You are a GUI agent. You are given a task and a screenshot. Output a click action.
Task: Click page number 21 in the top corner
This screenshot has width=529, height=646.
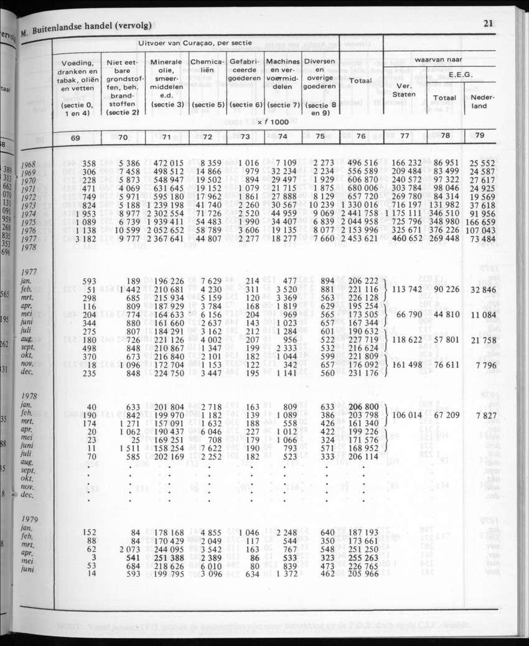[x=487, y=24]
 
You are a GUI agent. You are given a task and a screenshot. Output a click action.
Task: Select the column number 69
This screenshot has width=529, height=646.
[x=74, y=136]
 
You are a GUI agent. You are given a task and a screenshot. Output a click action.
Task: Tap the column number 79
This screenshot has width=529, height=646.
[x=479, y=136]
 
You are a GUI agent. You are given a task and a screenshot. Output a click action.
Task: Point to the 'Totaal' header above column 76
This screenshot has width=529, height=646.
[x=360, y=82]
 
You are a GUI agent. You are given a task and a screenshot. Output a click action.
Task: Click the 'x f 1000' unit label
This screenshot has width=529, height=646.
[x=268, y=122]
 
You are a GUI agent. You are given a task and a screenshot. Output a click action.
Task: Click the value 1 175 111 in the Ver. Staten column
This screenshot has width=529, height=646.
[x=405, y=212]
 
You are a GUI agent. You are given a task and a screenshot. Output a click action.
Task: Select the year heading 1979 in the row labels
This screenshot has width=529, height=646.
[x=31, y=519]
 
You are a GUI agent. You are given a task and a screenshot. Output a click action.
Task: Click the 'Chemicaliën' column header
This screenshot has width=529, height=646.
[x=207, y=67]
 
